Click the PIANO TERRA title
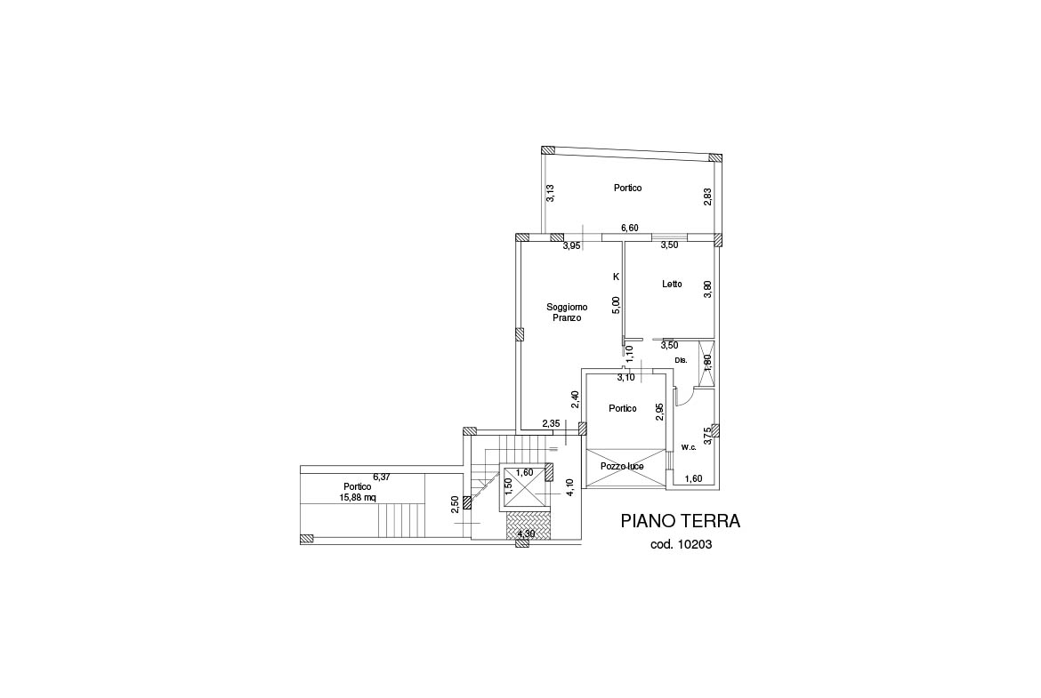(681, 521)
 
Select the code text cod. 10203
(682, 545)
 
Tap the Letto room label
(672, 284)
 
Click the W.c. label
(689, 447)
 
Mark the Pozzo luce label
(622, 467)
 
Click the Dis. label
(681, 360)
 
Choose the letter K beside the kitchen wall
(616, 277)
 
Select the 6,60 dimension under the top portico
(629, 229)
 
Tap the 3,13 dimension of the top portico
(550, 193)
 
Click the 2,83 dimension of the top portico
(707, 197)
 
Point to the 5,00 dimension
(616, 305)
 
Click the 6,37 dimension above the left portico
(382, 477)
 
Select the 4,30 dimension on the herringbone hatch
(527, 534)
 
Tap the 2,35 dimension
(551, 423)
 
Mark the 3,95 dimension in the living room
(571, 245)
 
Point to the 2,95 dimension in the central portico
(659, 413)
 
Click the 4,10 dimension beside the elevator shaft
(569, 487)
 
